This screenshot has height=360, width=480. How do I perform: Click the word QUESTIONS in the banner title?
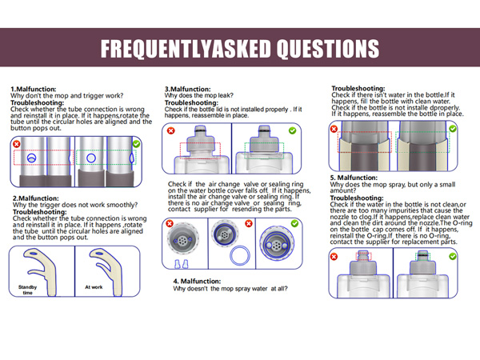[327, 48]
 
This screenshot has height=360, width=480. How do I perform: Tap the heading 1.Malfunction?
[34, 89]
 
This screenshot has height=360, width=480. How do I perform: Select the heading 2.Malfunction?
[35, 198]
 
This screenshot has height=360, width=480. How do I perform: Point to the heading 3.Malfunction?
[188, 89]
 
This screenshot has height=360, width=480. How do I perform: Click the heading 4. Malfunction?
[197, 281]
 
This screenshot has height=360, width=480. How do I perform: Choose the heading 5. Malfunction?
[354, 178]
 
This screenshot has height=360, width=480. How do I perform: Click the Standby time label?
[27, 290]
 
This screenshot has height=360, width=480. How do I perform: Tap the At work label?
[94, 287]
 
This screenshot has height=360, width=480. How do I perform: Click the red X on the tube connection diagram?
[17, 143]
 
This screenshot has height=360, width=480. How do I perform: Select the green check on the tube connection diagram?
[136, 143]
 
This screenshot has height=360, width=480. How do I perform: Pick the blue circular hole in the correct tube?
[91, 158]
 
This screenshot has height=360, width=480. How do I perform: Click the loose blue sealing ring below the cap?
[240, 255]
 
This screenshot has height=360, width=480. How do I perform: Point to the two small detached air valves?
[182, 264]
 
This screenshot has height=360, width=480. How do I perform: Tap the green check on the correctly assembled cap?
[294, 223]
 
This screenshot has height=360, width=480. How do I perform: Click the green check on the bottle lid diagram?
[292, 130]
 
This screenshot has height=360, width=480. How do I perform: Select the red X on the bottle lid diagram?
[171, 130]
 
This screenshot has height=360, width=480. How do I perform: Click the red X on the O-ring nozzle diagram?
[334, 257]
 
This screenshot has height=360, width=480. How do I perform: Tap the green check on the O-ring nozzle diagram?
[453, 256]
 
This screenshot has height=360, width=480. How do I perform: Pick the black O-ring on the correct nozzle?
[423, 253]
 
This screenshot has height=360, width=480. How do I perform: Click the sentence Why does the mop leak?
[199, 95]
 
